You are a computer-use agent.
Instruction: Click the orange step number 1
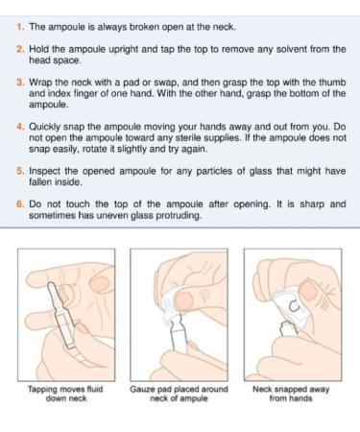[x=20, y=27]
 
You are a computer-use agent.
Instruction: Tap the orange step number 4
[x=20, y=127]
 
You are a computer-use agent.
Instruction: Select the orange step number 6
[x=20, y=204]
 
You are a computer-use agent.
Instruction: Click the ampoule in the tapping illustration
[x=62, y=315]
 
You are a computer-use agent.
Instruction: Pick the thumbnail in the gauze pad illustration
[x=183, y=300]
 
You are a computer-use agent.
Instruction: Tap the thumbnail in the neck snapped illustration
[x=307, y=290]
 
